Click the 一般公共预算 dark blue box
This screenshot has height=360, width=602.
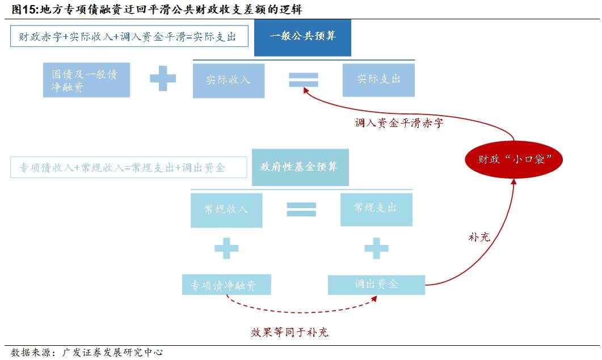pyautogui.click(x=302, y=37)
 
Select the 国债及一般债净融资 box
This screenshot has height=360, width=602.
pyautogui.click(x=86, y=80)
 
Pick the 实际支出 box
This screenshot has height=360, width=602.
pyautogui.click(x=378, y=79)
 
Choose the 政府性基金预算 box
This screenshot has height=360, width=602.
pyautogui.click(x=300, y=167)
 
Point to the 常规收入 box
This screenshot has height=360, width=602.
pyautogui.click(x=226, y=210)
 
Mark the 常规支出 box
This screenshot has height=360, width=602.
pyautogui.click(x=376, y=209)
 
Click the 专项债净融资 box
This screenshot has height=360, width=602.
pyautogui.click(x=226, y=285)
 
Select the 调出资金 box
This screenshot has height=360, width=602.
pyautogui.click(x=376, y=285)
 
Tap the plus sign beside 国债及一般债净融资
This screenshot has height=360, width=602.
pyautogui.click(x=163, y=78)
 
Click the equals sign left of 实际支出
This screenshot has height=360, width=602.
pyautogui.click(x=304, y=79)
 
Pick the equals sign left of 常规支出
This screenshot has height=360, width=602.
pyautogui.click(x=301, y=209)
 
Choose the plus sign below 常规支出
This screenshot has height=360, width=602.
pyautogui.click(x=376, y=248)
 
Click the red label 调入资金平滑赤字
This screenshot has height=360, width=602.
pyautogui.click(x=399, y=122)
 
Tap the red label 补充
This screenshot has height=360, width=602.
pyautogui.click(x=478, y=237)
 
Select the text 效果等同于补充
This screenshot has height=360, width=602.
pyautogui.click(x=289, y=332)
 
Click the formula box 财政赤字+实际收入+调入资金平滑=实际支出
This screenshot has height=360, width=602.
pyautogui.click(x=127, y=37)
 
